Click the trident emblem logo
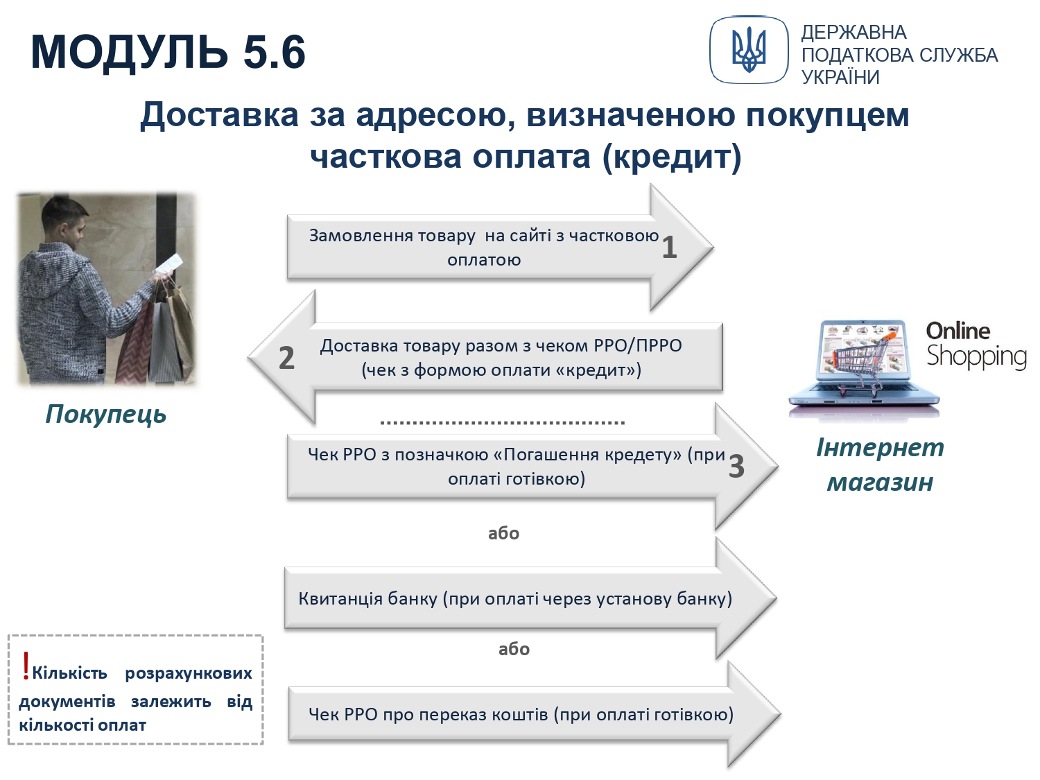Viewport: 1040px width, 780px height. (749, 50)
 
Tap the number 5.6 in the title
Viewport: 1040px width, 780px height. (275, 51)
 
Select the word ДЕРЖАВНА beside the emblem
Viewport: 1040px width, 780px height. (853, 33)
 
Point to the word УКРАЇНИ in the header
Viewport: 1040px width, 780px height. (840, 77)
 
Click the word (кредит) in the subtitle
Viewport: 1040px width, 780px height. (671, 157)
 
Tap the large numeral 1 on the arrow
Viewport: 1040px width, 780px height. (668, 248)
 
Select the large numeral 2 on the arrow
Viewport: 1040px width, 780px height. (286, 358)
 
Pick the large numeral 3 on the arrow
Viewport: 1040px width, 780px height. (736, 466)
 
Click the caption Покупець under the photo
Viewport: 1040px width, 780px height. (105, 414)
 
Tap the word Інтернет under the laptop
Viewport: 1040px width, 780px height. (880, 447)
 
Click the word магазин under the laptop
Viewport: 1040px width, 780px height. (880, 482)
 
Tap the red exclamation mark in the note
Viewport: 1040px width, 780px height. (26, 666)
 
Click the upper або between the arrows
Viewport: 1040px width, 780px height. (503, 533)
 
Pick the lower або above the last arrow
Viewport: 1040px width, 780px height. (514, 649)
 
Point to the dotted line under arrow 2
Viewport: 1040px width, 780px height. (503, 422)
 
